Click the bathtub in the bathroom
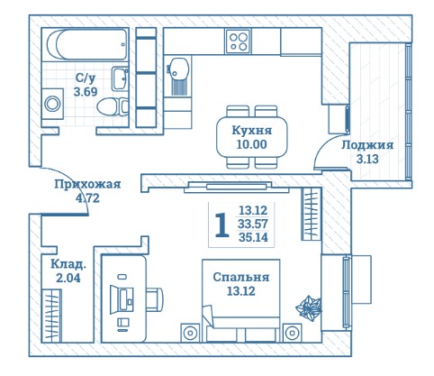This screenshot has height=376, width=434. point(87,44)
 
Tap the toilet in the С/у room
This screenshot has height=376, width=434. point(113,106)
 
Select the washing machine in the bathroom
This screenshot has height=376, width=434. point(52,104)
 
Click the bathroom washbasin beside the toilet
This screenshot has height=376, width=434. point(120,78)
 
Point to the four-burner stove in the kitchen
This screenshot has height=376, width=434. point(239,41)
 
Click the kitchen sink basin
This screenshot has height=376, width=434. point(179,69)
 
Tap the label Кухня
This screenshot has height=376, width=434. point(252,131)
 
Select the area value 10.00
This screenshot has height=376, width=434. point(251,144)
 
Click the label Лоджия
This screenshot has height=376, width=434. point(367,145)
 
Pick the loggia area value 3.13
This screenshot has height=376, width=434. point(367,159)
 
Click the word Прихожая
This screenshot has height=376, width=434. point(87,184)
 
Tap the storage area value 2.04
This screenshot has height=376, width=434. point(68,278)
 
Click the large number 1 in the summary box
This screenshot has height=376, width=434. point(222,225)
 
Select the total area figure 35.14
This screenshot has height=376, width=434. point(253,237)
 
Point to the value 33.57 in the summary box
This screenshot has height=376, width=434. point(253,224)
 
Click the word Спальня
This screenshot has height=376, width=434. point(241,277)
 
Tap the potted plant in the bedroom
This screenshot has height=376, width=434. point(309,308)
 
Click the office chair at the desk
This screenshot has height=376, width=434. point(155,299)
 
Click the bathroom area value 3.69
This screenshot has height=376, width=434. point(86,91)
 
